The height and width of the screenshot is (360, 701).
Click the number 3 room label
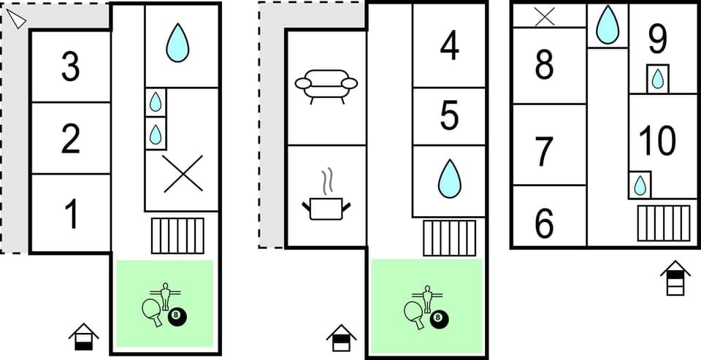[70, 67]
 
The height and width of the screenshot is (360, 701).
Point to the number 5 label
[449, 116]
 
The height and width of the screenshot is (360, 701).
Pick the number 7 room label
[544, 151]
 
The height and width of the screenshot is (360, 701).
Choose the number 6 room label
[544, 223]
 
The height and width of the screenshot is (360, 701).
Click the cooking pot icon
[326, 207]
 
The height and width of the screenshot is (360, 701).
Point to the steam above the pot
[328, 180]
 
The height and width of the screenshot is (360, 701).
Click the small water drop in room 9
[658, 79]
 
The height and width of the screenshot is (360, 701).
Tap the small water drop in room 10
[640, 185]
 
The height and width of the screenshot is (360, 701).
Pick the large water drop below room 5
[449, 179]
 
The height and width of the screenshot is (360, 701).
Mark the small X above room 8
[544, 16]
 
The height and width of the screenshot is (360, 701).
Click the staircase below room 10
[663, 223]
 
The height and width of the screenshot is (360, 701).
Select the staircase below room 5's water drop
[449, 237]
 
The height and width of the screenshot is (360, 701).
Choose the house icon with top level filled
[675, 278]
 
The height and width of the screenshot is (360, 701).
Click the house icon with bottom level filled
[84, 337]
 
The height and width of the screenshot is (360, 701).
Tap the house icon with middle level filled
[341, 337]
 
